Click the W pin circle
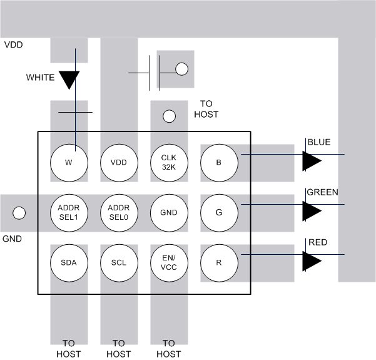(69, 162)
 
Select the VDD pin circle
(118, 162)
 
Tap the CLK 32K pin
(168, 162)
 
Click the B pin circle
(218, 162)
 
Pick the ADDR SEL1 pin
(69, 212)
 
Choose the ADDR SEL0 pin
(118, 212)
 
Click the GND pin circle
(168, 212)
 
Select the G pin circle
(218, 212)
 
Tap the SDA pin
(69, 262)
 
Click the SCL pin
(118, 262)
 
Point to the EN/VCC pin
(168, 262)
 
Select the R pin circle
(218, 262)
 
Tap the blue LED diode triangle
(311, 161)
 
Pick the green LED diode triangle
(311, 211)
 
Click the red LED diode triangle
(311, 261)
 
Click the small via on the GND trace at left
(19, 213)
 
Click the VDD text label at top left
(14, 45)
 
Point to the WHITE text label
(41, 78)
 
